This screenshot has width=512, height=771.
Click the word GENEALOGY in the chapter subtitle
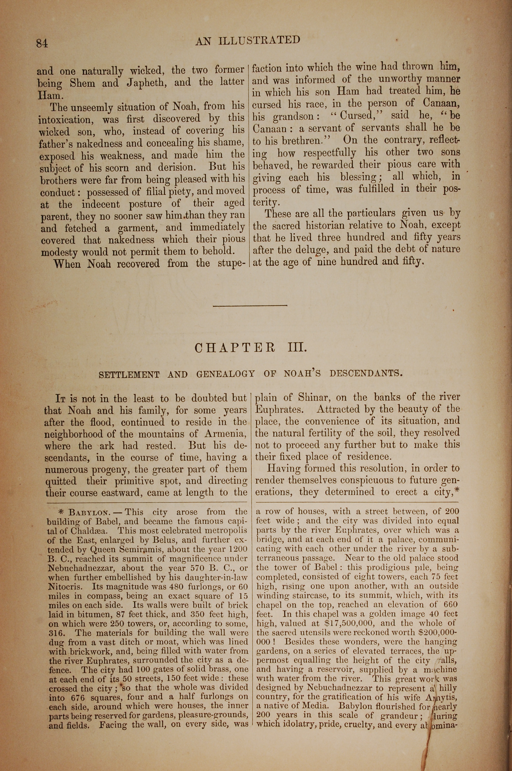point(225,374)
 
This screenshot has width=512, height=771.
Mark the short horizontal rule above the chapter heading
point(250,306)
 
